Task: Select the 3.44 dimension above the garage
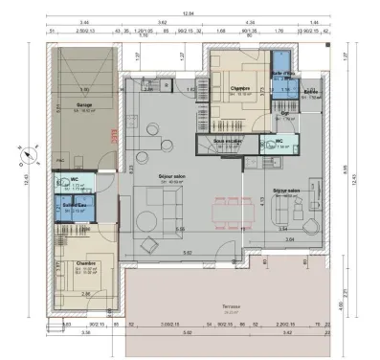84,21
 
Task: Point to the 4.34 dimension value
250,21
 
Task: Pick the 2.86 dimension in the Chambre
85,293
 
